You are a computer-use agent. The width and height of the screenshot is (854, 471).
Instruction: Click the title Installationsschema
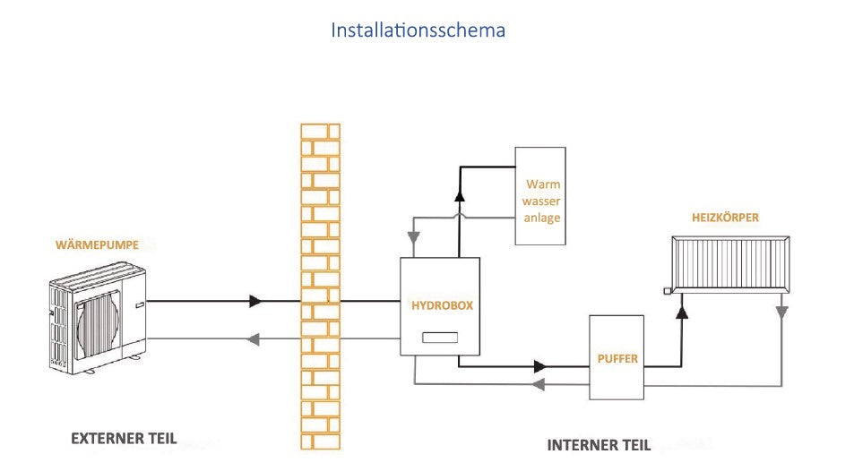coord(418,30)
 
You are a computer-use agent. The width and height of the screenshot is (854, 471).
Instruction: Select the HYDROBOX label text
coord(442,305)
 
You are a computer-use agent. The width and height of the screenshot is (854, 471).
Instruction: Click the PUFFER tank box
coord(617,357)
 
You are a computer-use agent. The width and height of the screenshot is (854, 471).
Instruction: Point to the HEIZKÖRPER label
coord(725,218)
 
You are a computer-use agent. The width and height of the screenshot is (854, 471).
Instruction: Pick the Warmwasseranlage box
coord(539,196)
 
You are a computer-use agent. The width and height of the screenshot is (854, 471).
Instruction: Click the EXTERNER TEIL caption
coord(124,439)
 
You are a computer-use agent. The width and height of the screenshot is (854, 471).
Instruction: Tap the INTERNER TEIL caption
coord(599,444)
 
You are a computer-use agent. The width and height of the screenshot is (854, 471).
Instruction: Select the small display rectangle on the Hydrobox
coord(441,338)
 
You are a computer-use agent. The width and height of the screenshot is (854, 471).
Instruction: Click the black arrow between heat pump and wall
coord(256,302)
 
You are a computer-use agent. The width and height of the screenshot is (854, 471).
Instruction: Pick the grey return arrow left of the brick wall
coord(254,338)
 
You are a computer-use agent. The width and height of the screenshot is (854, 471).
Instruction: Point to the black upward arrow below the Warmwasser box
coord(459,196)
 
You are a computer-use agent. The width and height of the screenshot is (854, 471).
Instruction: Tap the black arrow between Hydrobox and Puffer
coord(540,365)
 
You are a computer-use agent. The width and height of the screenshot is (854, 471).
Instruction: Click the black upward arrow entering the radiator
coord(682,311)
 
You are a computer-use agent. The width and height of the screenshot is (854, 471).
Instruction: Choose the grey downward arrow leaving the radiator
coord(781,313)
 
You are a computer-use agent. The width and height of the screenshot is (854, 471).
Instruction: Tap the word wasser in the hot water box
coord(543,201)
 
